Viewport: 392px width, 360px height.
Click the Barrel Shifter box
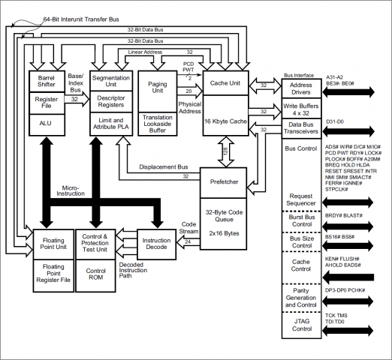(48, 81)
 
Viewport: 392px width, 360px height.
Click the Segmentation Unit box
(110, 81)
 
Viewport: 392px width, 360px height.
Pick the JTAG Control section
(300, 324)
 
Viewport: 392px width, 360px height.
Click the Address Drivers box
(300, 88)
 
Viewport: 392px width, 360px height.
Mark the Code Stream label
(188, 227)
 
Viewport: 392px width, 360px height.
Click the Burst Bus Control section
(300, 220)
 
